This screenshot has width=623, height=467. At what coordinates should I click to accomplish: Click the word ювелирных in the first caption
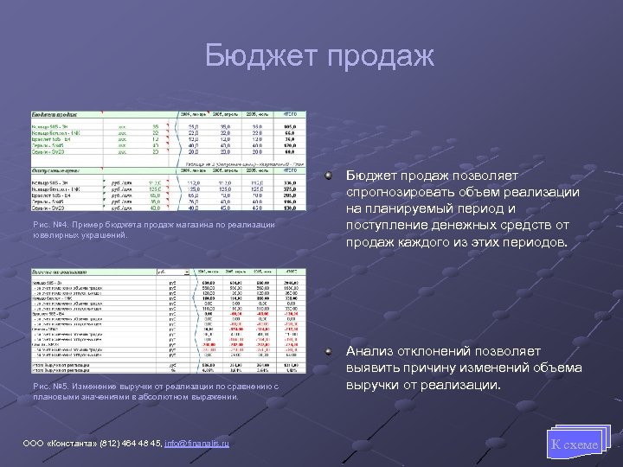coord(54,234)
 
